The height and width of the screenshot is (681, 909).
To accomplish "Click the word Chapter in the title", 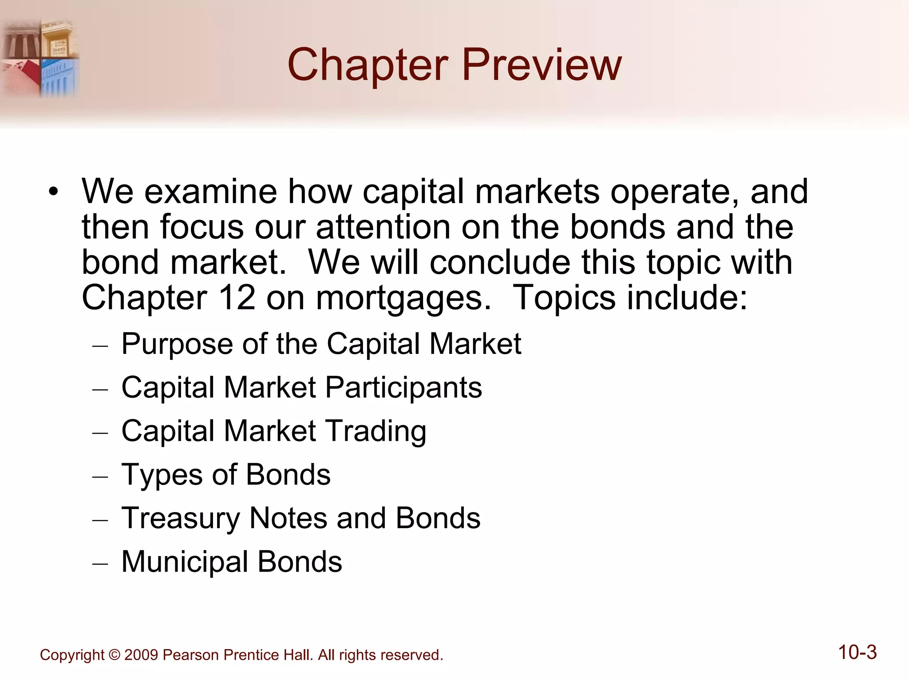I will tap(368, 66).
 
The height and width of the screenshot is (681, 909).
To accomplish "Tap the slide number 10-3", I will tap(857, 653).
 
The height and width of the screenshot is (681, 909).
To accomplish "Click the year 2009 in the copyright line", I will tap(141, 655).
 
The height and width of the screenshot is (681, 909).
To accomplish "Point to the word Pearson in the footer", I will tap(191, 655).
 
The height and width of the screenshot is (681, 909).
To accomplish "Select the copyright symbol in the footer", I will tap(114, 655).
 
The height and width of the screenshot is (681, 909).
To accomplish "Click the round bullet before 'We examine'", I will tap(54, 192).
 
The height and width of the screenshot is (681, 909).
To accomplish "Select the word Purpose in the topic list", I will tap(177, 344).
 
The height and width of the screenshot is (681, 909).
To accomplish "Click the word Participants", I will tap(403, 388).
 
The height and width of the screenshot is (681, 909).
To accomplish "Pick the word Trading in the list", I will tap(376, 431).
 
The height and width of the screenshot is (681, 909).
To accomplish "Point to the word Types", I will tap(162, 475).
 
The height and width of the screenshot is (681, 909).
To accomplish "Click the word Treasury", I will tap(180, 518).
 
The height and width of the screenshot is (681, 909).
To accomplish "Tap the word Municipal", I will tap(184, 562).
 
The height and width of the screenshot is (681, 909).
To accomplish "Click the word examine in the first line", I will tap(210, 192).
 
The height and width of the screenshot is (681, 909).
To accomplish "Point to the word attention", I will tap(383, 227).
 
